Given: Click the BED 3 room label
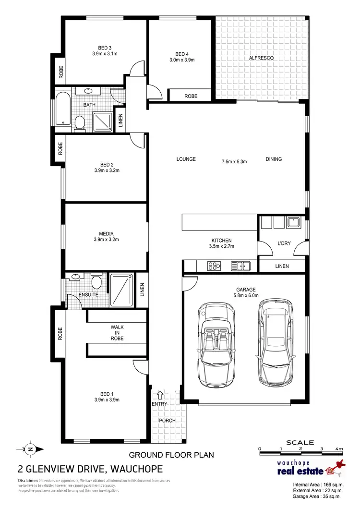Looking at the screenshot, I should pos(105,48).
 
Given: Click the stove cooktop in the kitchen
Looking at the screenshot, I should pos(213,266).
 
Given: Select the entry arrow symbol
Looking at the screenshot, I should pos(160,395).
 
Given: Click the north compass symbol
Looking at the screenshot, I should pos(30,449).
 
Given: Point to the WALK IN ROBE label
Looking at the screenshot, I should pos(117,332).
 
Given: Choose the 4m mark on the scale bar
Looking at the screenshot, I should pos(339,449).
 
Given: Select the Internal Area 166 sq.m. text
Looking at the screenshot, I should pos(317,485).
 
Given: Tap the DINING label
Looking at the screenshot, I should pos(274,159).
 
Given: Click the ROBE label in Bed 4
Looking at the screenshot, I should pos(191,97).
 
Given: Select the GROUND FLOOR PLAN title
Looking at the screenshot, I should pos(171,454).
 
